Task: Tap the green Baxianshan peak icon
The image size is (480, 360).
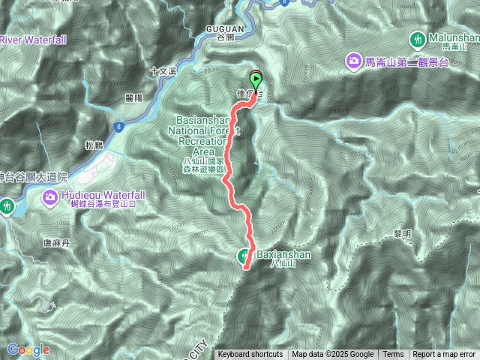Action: click(245, 256)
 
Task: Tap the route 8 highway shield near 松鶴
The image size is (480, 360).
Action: click(119, 128)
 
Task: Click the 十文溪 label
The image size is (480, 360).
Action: click(162, 72)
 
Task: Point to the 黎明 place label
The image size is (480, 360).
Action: click(402, 234)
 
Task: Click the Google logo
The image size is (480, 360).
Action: click(28, 349)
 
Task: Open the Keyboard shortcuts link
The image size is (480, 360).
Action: click(250, 355)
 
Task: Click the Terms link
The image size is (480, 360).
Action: click(393, 355)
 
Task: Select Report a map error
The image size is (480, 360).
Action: click(444, 355)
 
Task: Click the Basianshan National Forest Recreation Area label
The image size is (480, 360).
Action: click(201, 139)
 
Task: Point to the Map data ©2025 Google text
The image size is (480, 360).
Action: click(332, 355)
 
